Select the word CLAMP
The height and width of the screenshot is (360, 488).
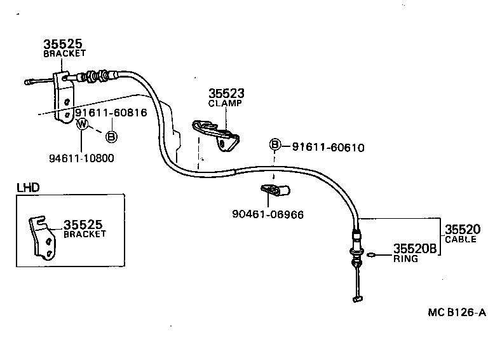225,103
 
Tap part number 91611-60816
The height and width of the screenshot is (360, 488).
111,113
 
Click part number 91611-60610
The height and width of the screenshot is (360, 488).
328,147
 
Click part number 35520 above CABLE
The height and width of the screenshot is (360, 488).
462,230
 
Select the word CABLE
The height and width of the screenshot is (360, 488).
460,239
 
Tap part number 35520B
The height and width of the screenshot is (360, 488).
414,249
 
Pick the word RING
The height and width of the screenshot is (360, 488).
405,259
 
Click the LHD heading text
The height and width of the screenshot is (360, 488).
27,188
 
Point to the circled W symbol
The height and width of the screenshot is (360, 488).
82,125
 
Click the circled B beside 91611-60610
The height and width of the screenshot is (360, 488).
275,145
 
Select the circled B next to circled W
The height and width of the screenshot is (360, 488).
110,136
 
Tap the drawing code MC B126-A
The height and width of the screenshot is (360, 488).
456,312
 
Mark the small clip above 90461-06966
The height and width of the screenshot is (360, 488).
275,189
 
